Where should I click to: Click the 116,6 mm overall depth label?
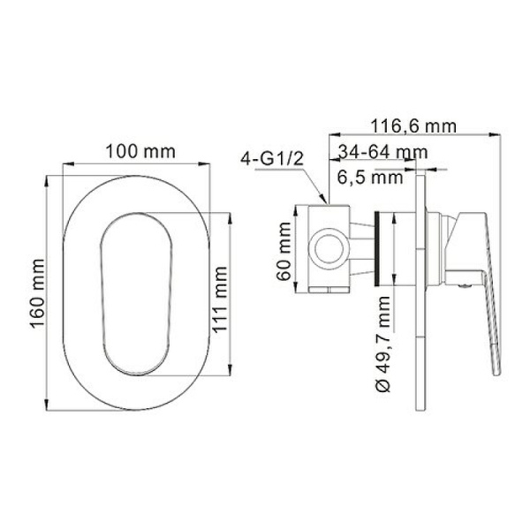(413, 125)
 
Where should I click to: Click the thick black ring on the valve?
(381, 247)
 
